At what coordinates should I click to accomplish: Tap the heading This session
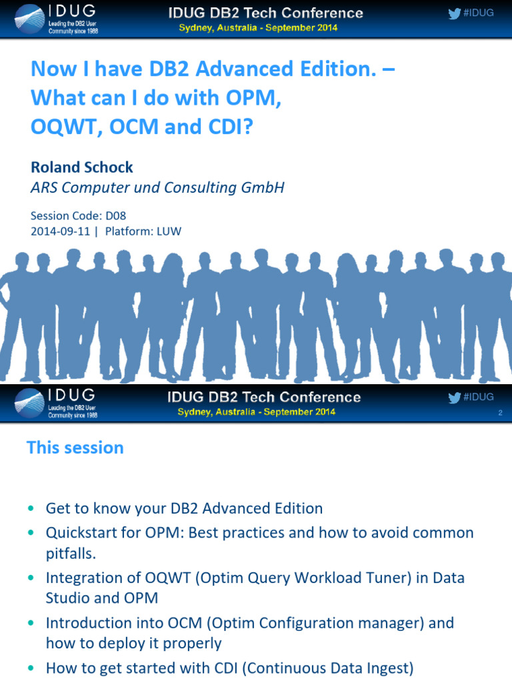(75, 447)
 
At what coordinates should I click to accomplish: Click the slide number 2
(499, 414)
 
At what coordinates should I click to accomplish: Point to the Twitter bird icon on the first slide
(455, 13)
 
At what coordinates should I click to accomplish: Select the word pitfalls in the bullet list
(70, 554)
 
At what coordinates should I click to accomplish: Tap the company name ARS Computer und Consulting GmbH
(157, 187)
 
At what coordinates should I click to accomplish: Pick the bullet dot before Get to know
(31, 509)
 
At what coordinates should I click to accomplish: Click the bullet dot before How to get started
(31, 668)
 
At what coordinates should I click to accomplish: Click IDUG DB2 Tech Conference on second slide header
(264, 398)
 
